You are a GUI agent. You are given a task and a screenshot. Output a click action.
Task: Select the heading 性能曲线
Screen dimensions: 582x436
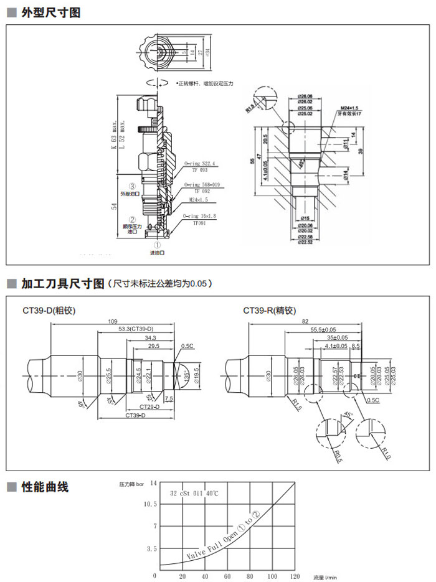45,487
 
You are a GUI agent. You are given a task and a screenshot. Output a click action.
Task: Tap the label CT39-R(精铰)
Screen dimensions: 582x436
269,309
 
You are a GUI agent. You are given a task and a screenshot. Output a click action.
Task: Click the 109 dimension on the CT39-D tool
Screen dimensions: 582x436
112,321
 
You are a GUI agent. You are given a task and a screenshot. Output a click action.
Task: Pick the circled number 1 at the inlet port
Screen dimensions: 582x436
157,245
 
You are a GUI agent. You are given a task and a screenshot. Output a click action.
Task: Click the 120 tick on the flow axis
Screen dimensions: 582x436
295,576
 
